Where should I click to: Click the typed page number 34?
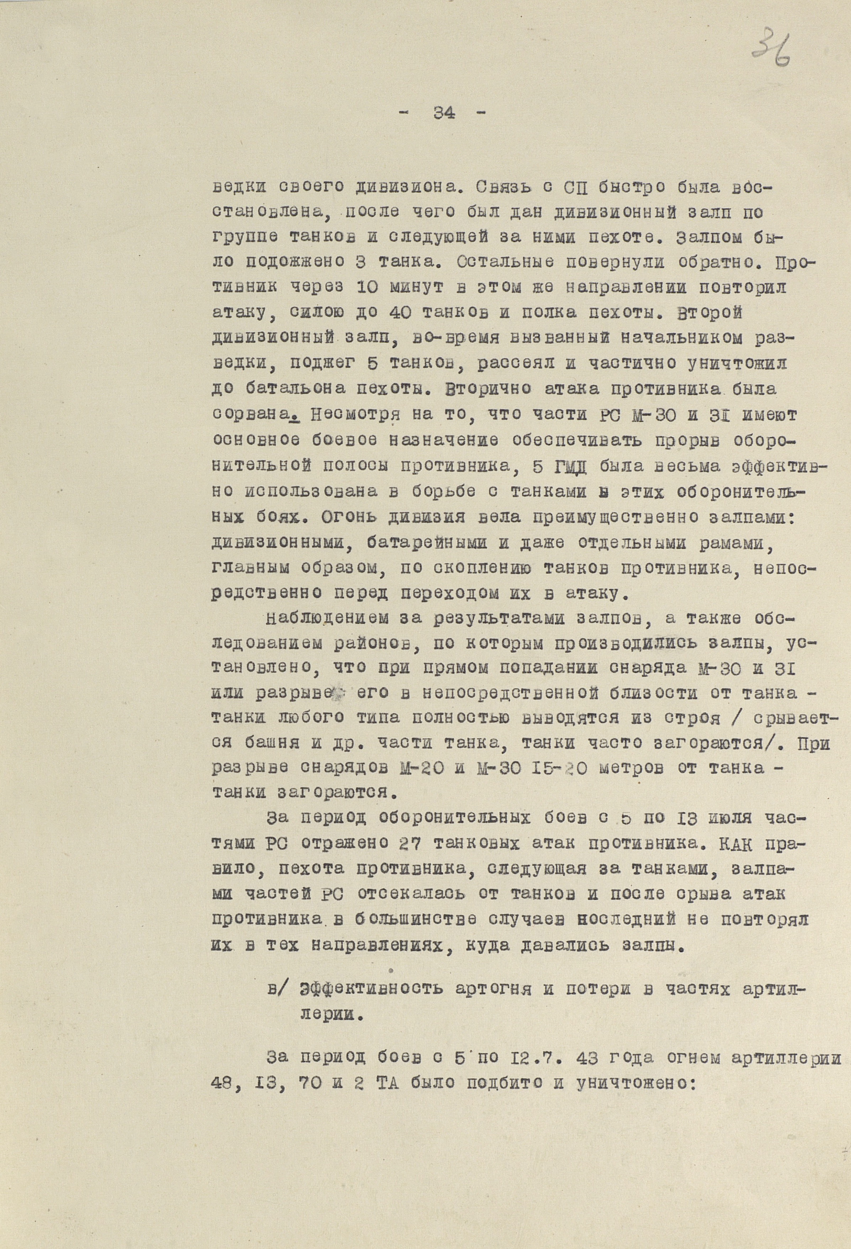click(443, 113)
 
